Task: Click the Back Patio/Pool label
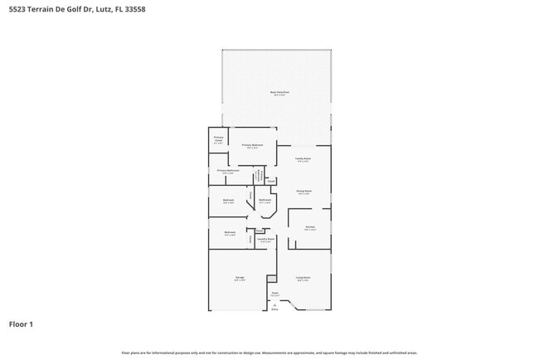277,93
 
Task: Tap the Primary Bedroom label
253,145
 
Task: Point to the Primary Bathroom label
228,171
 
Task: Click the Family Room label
304,159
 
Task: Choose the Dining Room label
303,192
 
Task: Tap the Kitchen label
309,226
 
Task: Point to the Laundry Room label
265,241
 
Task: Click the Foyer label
274,294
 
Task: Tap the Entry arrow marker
274,306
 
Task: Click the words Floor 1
21,324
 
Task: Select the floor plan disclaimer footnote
269,353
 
